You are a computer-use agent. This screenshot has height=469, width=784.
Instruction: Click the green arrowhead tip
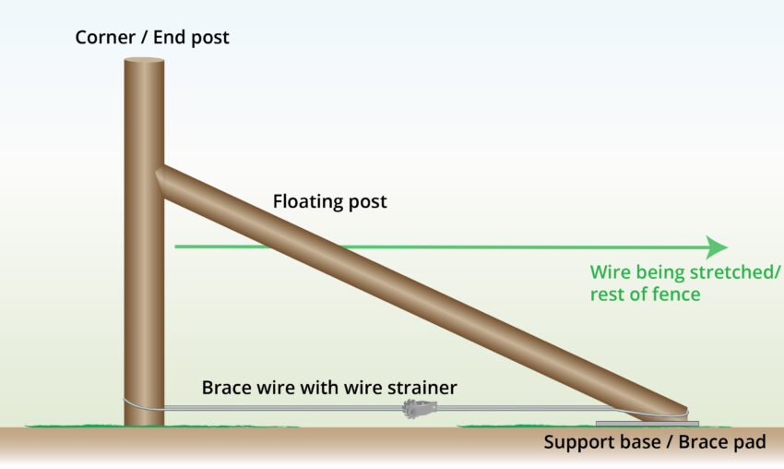[x=727, y=247]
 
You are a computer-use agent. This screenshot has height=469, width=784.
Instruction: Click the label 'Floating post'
[x=330, y=201]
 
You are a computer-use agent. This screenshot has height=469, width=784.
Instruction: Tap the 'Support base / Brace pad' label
[x=654, y=442]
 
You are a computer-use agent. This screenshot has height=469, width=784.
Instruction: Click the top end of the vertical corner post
[x=144, y=61]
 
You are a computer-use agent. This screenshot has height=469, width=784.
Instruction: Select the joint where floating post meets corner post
[x=162, y=181]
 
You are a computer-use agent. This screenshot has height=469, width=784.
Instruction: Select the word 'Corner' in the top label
[x=104, y=39]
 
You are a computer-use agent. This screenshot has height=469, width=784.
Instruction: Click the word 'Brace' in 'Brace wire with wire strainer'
[x=224, y=388]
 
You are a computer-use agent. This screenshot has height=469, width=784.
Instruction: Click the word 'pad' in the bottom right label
[x=750, y=442]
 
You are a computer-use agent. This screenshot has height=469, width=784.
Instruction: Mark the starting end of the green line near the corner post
[x=176, y=247]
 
